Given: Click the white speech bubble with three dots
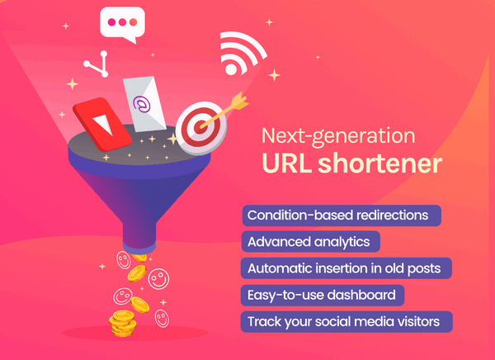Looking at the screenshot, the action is pyautogui.click(x=122, y=24).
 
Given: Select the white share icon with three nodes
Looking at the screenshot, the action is pyautogui.click(x=97, y=64).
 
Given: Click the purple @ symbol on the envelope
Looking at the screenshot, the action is pyautogui.click(x=141, y=104).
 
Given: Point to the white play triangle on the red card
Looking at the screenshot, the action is pyautogui.click(x=102, y=124).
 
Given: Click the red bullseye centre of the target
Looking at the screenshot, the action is pyautogui.click(x=200, y=127).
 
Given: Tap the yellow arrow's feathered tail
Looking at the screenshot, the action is pyautogui.click(x=239, y=101).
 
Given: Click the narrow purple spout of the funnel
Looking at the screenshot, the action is pyautogui.click(x=139, y=234).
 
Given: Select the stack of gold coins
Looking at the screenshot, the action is pyautogui.click(x=122, y=324).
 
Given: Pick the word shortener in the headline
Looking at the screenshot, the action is pyautogui.click(x=380, y=163).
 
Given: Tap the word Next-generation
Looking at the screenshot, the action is pyautogui.click(x=338, y=136).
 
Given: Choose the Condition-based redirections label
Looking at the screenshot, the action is pyautogui.click(x=342, y=216).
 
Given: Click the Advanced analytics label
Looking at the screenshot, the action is pyautogui.click(x=311, y=242).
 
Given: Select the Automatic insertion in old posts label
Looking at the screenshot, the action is pyautogui.click(x=346, y=268).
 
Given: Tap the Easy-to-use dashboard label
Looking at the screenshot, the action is pyautogui.click(x=323, y=296).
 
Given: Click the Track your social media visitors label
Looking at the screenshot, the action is pyautogui.click(x=346, y=322).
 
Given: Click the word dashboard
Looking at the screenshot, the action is pyautogui.click(x=361, y=295).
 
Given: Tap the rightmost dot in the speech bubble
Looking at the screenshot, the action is pyautogui.click(x=133, y=22).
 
